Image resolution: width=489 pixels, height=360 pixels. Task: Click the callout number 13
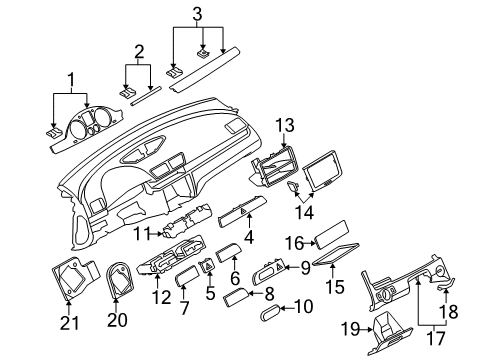point(285,125)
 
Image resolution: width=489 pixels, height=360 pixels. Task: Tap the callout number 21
point(70,323)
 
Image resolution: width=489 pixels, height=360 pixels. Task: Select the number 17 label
point(436,339)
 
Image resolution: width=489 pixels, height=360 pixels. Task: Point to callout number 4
point(249,237)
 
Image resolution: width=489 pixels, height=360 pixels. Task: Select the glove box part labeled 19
point(389,337)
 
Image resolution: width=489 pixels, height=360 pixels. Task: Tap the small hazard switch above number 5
point(208,266)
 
